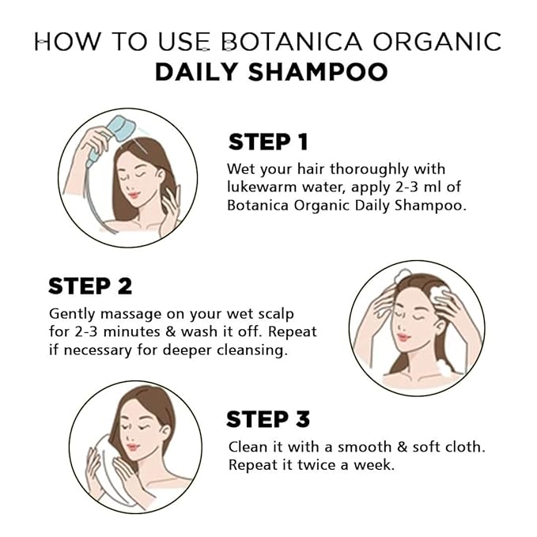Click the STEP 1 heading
point(268,142)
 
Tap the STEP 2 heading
point(90,286)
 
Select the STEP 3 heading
point(268,419)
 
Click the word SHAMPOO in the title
point(318,72)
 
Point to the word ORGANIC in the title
point(437,41)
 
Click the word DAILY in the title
point(197,72)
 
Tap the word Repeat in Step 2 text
point(293,332)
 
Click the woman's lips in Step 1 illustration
point(133,195)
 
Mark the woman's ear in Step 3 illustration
point(166,432)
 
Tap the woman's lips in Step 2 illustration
point(403,337)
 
